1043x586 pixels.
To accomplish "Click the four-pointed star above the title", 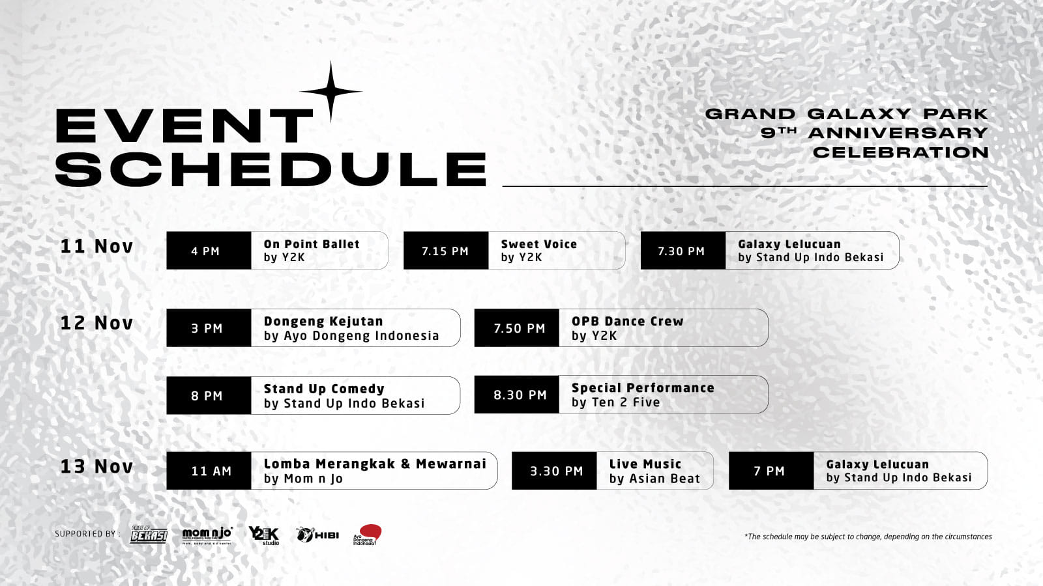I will (331, 92).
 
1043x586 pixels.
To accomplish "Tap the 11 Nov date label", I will (96, 246).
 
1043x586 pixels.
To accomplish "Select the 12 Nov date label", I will (96, 323).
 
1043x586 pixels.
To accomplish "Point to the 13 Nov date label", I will (96, 467).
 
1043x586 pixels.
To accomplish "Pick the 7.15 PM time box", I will (446, 251).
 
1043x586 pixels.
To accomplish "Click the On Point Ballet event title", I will (312, 244).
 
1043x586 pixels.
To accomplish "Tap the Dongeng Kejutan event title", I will (323, 321).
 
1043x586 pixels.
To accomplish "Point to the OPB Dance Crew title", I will (627, 321).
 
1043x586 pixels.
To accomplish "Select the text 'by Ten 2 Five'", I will (615, 402).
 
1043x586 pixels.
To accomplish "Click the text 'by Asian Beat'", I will (654, 479).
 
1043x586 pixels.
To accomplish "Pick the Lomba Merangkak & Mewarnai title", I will (375, 464).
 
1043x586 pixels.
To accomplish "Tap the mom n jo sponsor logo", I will (207, 535).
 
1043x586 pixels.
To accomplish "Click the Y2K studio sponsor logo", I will (264, 535).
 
